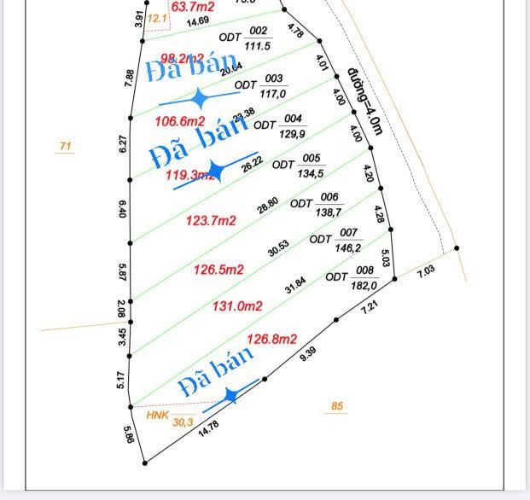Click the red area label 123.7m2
(x=211, y=221)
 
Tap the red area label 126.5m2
(x=218, y=270)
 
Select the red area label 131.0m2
(x=236, y=305)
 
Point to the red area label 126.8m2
(x=271, y=340)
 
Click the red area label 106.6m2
(x=179, y=120)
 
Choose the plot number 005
(x=311, y=158)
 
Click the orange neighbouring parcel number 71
(x=65, y=147)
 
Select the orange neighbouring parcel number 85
(x=337, y=406)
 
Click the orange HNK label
(x=157, y=416)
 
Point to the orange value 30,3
(x=183, y=422)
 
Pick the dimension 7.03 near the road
(x=426, y=271)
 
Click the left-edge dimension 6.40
(x=122, y=208)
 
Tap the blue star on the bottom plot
(x=230, y=396)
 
